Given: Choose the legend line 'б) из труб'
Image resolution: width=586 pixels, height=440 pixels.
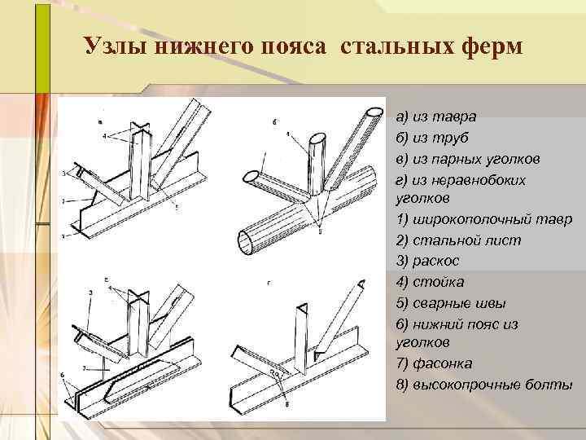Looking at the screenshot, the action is click(x=432, y=137).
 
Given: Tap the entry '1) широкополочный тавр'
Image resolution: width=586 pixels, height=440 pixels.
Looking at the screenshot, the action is click(x=483, y=220).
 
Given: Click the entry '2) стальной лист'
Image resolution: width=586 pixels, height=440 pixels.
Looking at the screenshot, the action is click(x=458, y=241).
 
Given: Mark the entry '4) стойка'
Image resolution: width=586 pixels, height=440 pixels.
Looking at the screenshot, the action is click(x=430, y=282).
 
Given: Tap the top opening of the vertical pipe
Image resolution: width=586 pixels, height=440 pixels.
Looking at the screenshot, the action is click(x=320, y=138).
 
